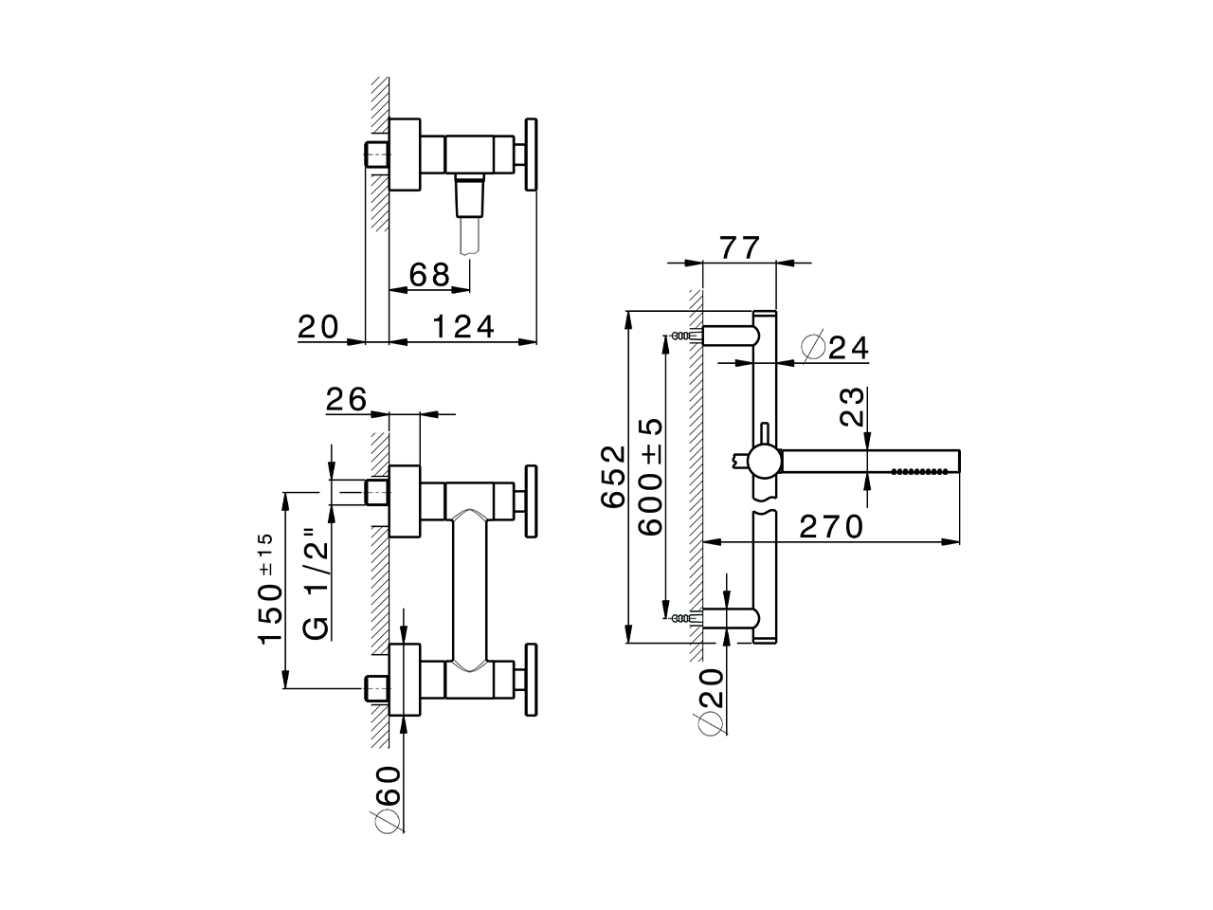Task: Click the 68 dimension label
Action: click(429, 275)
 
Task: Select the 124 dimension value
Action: click(464, 327)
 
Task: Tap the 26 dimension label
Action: click(346, 400)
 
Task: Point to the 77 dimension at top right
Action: click(740, 248)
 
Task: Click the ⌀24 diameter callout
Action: click(835, 349)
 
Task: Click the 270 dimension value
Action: click(832, 526)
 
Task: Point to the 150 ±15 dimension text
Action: click(269, 589)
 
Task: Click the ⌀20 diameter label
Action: click(712, 701)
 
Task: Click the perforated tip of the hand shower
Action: click(924, 469)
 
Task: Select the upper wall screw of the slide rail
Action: click(680, 336)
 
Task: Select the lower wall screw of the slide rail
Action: click(680, 619)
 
